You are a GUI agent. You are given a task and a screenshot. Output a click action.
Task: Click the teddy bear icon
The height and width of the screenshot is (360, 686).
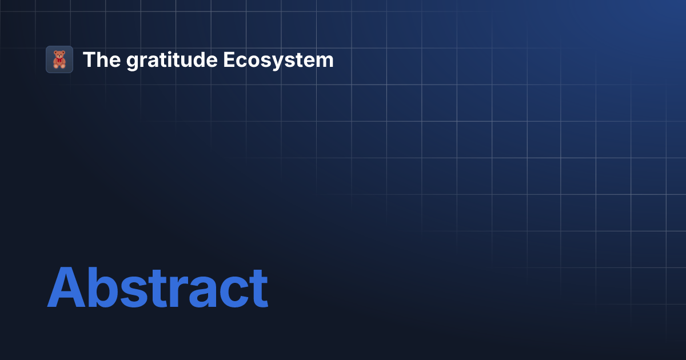[x=59, y=59]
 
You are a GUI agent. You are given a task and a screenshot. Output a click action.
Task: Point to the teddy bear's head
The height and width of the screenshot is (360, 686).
[x=59, y=55]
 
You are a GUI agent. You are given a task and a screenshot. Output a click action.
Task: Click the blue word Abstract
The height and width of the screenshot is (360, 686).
[x=157, y=287]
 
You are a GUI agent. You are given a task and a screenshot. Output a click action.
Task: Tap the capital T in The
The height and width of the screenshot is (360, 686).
[x=89, y=60]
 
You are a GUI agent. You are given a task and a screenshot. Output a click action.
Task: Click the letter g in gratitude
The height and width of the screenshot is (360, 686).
[x=133, y=62]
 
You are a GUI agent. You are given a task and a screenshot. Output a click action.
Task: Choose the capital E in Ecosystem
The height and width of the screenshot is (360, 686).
[x=228, y=60]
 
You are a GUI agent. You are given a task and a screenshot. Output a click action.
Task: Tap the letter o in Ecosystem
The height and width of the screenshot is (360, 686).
[x=251, y=62]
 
